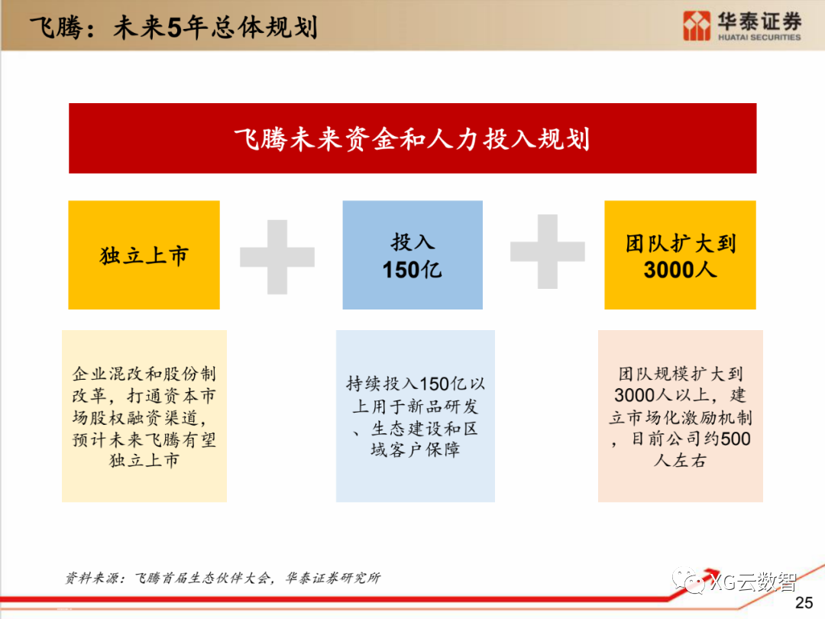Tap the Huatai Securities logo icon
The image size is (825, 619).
point(696,25)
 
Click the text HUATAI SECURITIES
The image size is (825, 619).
point(759,37)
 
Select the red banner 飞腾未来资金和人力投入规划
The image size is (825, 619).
point(412,138)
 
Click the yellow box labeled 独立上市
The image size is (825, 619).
point(144,254)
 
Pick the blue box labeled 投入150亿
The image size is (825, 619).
point(412,254)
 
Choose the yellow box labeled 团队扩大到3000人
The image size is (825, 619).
point(680,254)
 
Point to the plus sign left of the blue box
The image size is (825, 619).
point(277,257)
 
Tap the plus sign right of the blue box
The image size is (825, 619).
point(547,251)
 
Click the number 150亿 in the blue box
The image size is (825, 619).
point(412,269)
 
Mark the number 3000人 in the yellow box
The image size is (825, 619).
point(680,269)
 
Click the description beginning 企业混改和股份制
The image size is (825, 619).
point(144,416)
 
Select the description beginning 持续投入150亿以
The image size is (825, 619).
point(416,416)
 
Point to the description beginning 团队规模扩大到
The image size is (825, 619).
point(680,416)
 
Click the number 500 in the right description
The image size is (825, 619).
point(736,439)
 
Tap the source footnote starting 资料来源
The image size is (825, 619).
point(222,578)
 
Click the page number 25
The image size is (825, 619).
point(804,603)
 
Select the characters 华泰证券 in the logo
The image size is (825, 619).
point(759,21)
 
